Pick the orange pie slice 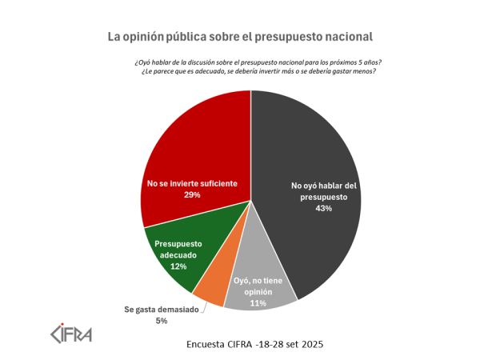click(210, 292)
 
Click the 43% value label click(323, 208)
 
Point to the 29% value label click(191, 194)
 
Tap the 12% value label click(178, 266)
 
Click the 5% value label click(162, 321)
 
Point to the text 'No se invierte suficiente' click(191, 183)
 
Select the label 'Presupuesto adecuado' click(178, 249)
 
